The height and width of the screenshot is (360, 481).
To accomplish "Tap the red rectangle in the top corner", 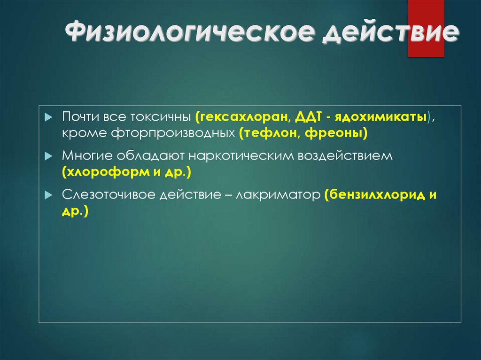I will (426, 28).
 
